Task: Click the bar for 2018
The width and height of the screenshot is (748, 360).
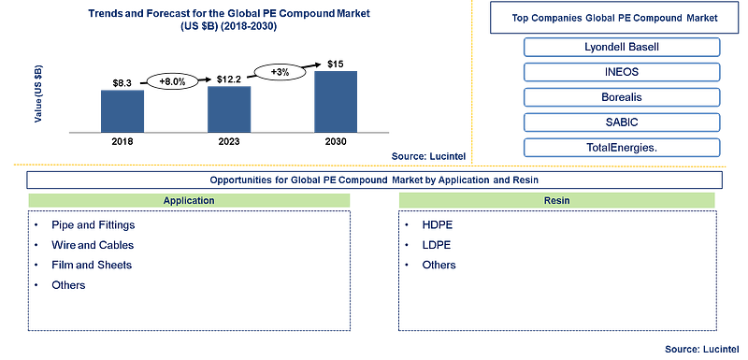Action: coord(122,111)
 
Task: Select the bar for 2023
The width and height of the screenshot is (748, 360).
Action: coord(229,109)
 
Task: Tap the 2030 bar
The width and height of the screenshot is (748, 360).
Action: coord(336,102)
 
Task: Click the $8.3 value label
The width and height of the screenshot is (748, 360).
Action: coord(122,83)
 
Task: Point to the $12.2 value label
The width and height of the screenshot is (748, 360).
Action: coord(228,79)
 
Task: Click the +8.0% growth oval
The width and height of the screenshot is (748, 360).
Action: coord(172,82)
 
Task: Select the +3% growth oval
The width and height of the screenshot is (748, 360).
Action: coord(278,71)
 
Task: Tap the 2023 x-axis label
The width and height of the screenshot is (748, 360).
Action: coord(229,142)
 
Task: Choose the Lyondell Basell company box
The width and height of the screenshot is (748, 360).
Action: coord(622,47)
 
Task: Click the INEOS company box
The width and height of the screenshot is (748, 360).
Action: coord(622,72)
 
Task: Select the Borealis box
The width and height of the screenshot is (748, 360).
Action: coord(622,97)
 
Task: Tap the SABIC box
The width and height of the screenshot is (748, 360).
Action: coord(622,122)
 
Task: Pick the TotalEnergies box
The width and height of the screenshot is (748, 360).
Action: coord(622,148)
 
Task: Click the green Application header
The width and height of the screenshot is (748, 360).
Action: coord(189,200)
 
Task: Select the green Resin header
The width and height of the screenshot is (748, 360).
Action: coord(556,200)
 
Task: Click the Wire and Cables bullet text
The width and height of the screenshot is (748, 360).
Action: coord(93,245)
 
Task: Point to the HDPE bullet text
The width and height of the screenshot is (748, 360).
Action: coord(437,225)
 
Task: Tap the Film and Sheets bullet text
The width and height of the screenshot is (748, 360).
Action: coord(92,265)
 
